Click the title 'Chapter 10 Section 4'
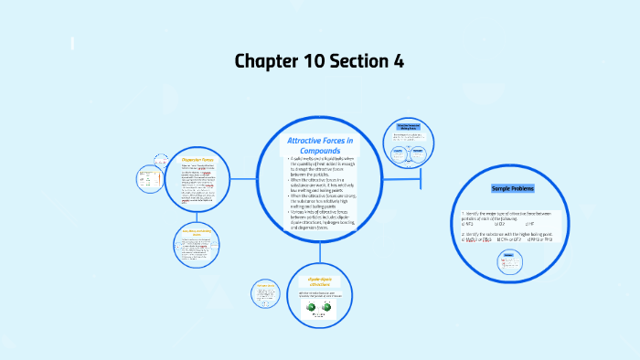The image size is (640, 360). point(319,61)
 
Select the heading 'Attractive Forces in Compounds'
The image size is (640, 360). point(320,144)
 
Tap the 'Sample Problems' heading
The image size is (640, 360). point(513,188)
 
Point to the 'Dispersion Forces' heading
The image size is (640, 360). point(197,159)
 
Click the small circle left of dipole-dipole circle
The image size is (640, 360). point(266,293)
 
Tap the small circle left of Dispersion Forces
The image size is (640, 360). point(148,181)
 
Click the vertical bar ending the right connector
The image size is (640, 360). point(421,180)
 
